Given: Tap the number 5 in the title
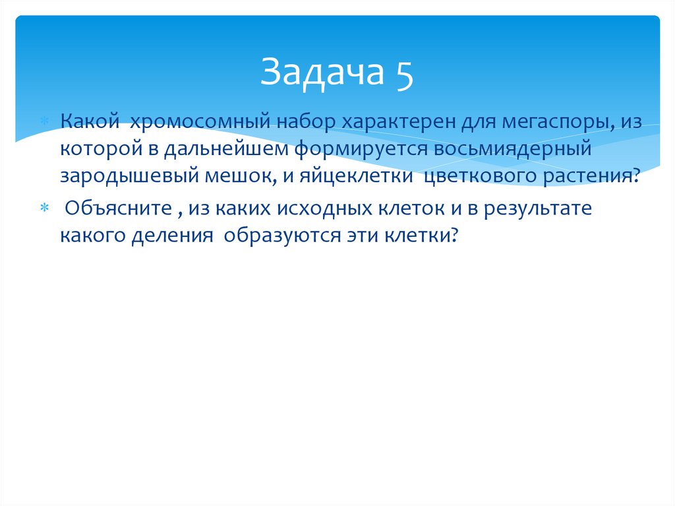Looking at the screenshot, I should pos(405,72).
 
